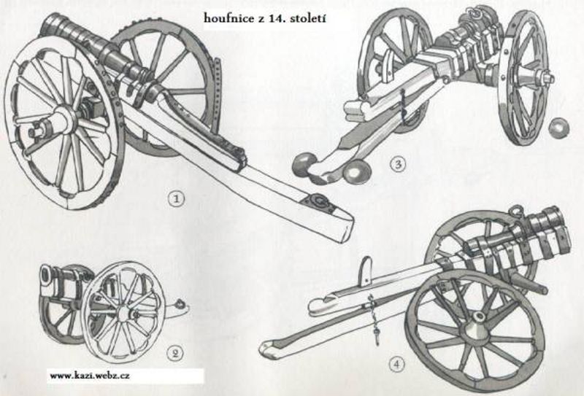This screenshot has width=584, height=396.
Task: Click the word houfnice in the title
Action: click(228, 18)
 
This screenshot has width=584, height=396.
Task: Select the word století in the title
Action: click(304, 18)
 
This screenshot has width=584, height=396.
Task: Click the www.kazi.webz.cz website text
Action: click(89, 376)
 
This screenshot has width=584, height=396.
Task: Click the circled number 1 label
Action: click(176, 199)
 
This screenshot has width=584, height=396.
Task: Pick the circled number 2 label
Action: click(175, 352)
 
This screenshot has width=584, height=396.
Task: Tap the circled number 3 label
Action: click(398, 164)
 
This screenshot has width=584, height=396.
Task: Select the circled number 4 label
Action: click(396, 364)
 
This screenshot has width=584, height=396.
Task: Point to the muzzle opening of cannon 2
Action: click(47, 276)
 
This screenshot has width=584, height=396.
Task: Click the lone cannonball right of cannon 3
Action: click(560, 129)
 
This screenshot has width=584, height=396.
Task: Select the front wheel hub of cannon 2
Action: click(123, 314)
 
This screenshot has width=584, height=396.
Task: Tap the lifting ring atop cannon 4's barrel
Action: click(516, 211)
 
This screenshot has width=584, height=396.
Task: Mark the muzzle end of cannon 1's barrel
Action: click(52, 25)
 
